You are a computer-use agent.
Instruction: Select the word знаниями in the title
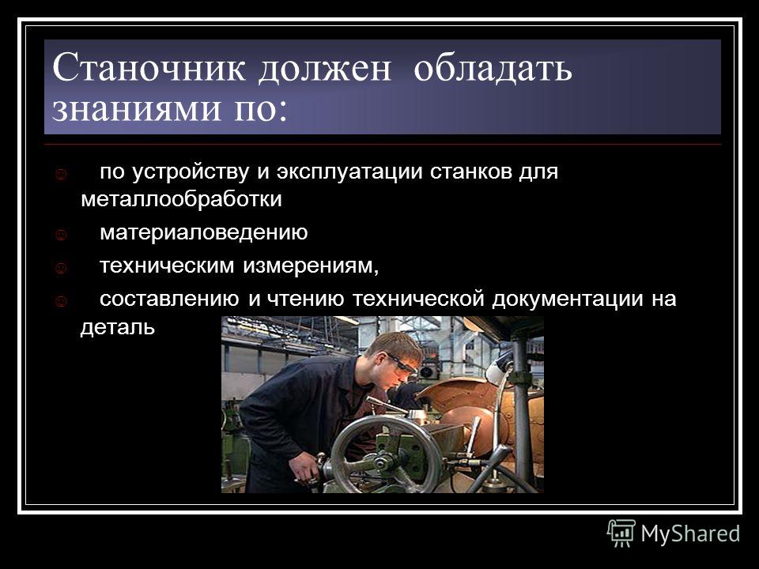136,107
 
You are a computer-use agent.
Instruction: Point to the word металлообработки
182,199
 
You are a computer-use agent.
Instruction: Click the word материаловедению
204,232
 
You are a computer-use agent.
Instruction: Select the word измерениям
311,266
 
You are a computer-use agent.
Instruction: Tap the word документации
568,300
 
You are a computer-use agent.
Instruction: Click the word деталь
118,327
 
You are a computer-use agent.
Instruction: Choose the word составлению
169,300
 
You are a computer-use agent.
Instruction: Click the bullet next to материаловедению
61,236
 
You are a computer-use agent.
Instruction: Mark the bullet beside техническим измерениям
61,268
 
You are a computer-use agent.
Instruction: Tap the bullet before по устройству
61,174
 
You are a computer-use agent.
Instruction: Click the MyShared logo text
690,534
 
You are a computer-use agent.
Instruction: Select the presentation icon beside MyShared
621,533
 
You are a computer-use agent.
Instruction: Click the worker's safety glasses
402,364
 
